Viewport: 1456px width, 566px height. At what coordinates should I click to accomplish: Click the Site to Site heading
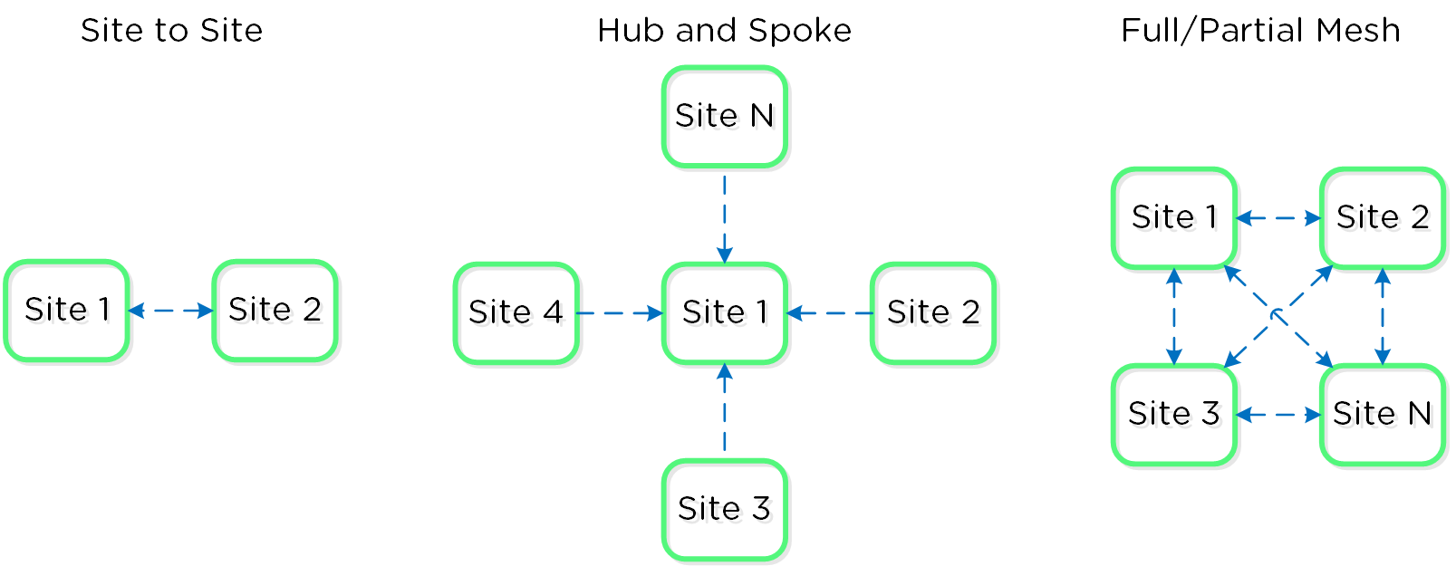(x=171, y=31)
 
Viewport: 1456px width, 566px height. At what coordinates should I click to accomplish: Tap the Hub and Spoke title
(x=724, y=31)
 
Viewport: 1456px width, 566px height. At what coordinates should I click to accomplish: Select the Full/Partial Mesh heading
(x=1260, y=31)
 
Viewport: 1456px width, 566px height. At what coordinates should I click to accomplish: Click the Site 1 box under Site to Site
(x=66, y=311)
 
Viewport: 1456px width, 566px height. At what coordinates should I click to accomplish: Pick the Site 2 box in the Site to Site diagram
(x=275, y=311)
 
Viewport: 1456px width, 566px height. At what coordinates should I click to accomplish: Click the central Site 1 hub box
(x=724, y=313)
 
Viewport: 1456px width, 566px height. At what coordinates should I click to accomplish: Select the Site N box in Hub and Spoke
(x=724, y=116)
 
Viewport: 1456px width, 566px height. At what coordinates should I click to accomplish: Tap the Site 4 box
(x=516, y=313)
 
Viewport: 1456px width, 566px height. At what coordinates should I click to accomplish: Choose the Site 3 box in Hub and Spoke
(x=724, y=510)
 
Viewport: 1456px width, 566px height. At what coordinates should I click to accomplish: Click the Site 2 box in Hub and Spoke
(x=933, y=313)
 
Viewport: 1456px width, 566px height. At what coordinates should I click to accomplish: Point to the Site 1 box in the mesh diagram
(x=1174, y=218)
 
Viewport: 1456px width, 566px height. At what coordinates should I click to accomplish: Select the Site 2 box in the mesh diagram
(x=1383, y=218)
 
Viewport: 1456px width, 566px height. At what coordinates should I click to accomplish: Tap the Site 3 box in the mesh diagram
(x=1174, y=415)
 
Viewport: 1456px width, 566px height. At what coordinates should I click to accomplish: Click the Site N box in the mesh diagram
(x=1383, y=415)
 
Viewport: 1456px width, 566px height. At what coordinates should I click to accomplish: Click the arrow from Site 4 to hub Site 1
(x=621, y=313)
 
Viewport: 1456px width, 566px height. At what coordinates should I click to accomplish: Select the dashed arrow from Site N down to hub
(x=724, y=217)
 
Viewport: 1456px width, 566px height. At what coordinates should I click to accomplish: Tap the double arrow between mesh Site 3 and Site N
(x=1278, y=415)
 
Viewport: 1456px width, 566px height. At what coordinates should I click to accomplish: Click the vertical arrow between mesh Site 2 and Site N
(x=1383, y=316)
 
